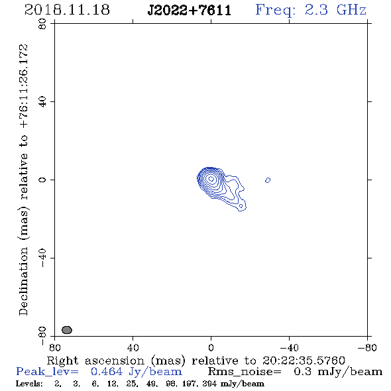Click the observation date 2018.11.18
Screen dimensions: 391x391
tap(67, 10)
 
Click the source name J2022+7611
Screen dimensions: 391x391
tap(190, 10)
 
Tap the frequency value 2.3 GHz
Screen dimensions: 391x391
tap(335, 10)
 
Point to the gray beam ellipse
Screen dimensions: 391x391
tap(67, 330)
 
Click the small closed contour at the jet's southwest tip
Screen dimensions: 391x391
tap(241, 206)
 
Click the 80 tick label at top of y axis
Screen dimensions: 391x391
tap(42, 24)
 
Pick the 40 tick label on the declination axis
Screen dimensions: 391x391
tap(42, 101)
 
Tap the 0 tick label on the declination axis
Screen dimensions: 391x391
tap(42, 180)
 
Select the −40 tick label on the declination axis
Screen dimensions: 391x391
tap(42, 258)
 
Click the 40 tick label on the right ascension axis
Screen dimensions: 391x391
tap(133, 348)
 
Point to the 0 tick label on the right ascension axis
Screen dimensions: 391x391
tap(211, 348)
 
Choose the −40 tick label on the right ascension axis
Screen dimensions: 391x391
tap(289, 348)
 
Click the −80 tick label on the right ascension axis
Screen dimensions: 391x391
tap(367, 348)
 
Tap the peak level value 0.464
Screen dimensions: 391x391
tap(107, 372)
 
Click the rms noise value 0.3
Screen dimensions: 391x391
tap(302, 372)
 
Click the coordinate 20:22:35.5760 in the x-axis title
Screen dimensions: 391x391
tap(304, 361)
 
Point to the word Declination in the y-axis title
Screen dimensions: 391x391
tap(23, 281)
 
